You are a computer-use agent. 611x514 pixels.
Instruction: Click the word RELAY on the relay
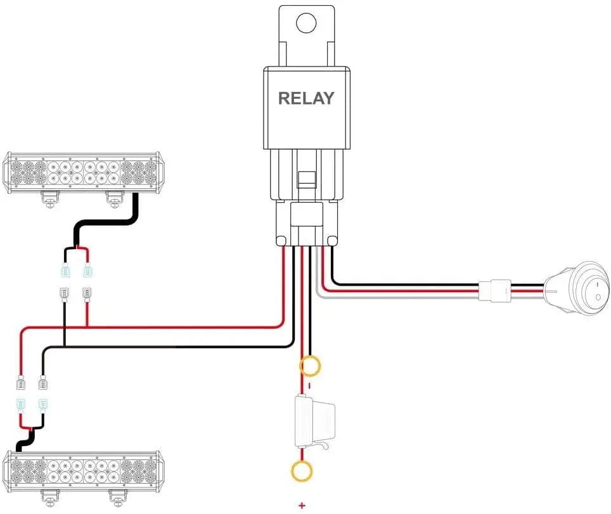(305, 98)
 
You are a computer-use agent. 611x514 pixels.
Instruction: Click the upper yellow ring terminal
(310, 366)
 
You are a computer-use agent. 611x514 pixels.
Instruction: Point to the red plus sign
(302, 505)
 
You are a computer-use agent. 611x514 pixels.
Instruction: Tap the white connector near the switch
(494, 292)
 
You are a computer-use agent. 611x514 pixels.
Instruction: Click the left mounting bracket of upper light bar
(51, 198)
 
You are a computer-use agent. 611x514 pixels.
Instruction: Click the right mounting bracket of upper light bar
(114, 198)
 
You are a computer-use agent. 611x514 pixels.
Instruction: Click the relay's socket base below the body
(305, 222)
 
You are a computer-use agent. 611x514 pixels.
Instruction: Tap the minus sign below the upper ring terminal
(309, 385)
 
